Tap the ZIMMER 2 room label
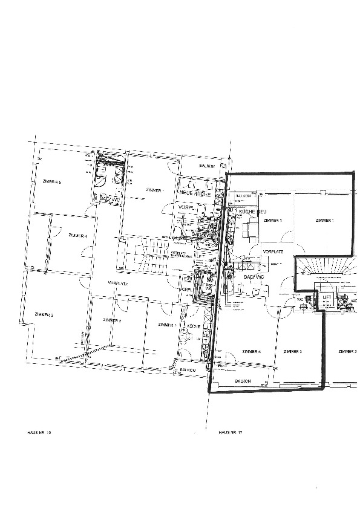[113, 320]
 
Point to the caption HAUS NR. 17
[230, 433]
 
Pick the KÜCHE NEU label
[252, 212]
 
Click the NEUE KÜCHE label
[195, 193]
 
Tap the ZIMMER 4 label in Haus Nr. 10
[77, 235]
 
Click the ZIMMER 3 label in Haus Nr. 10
[44, 315]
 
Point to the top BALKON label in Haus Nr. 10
[209, 166]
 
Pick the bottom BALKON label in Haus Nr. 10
[188, 370]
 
